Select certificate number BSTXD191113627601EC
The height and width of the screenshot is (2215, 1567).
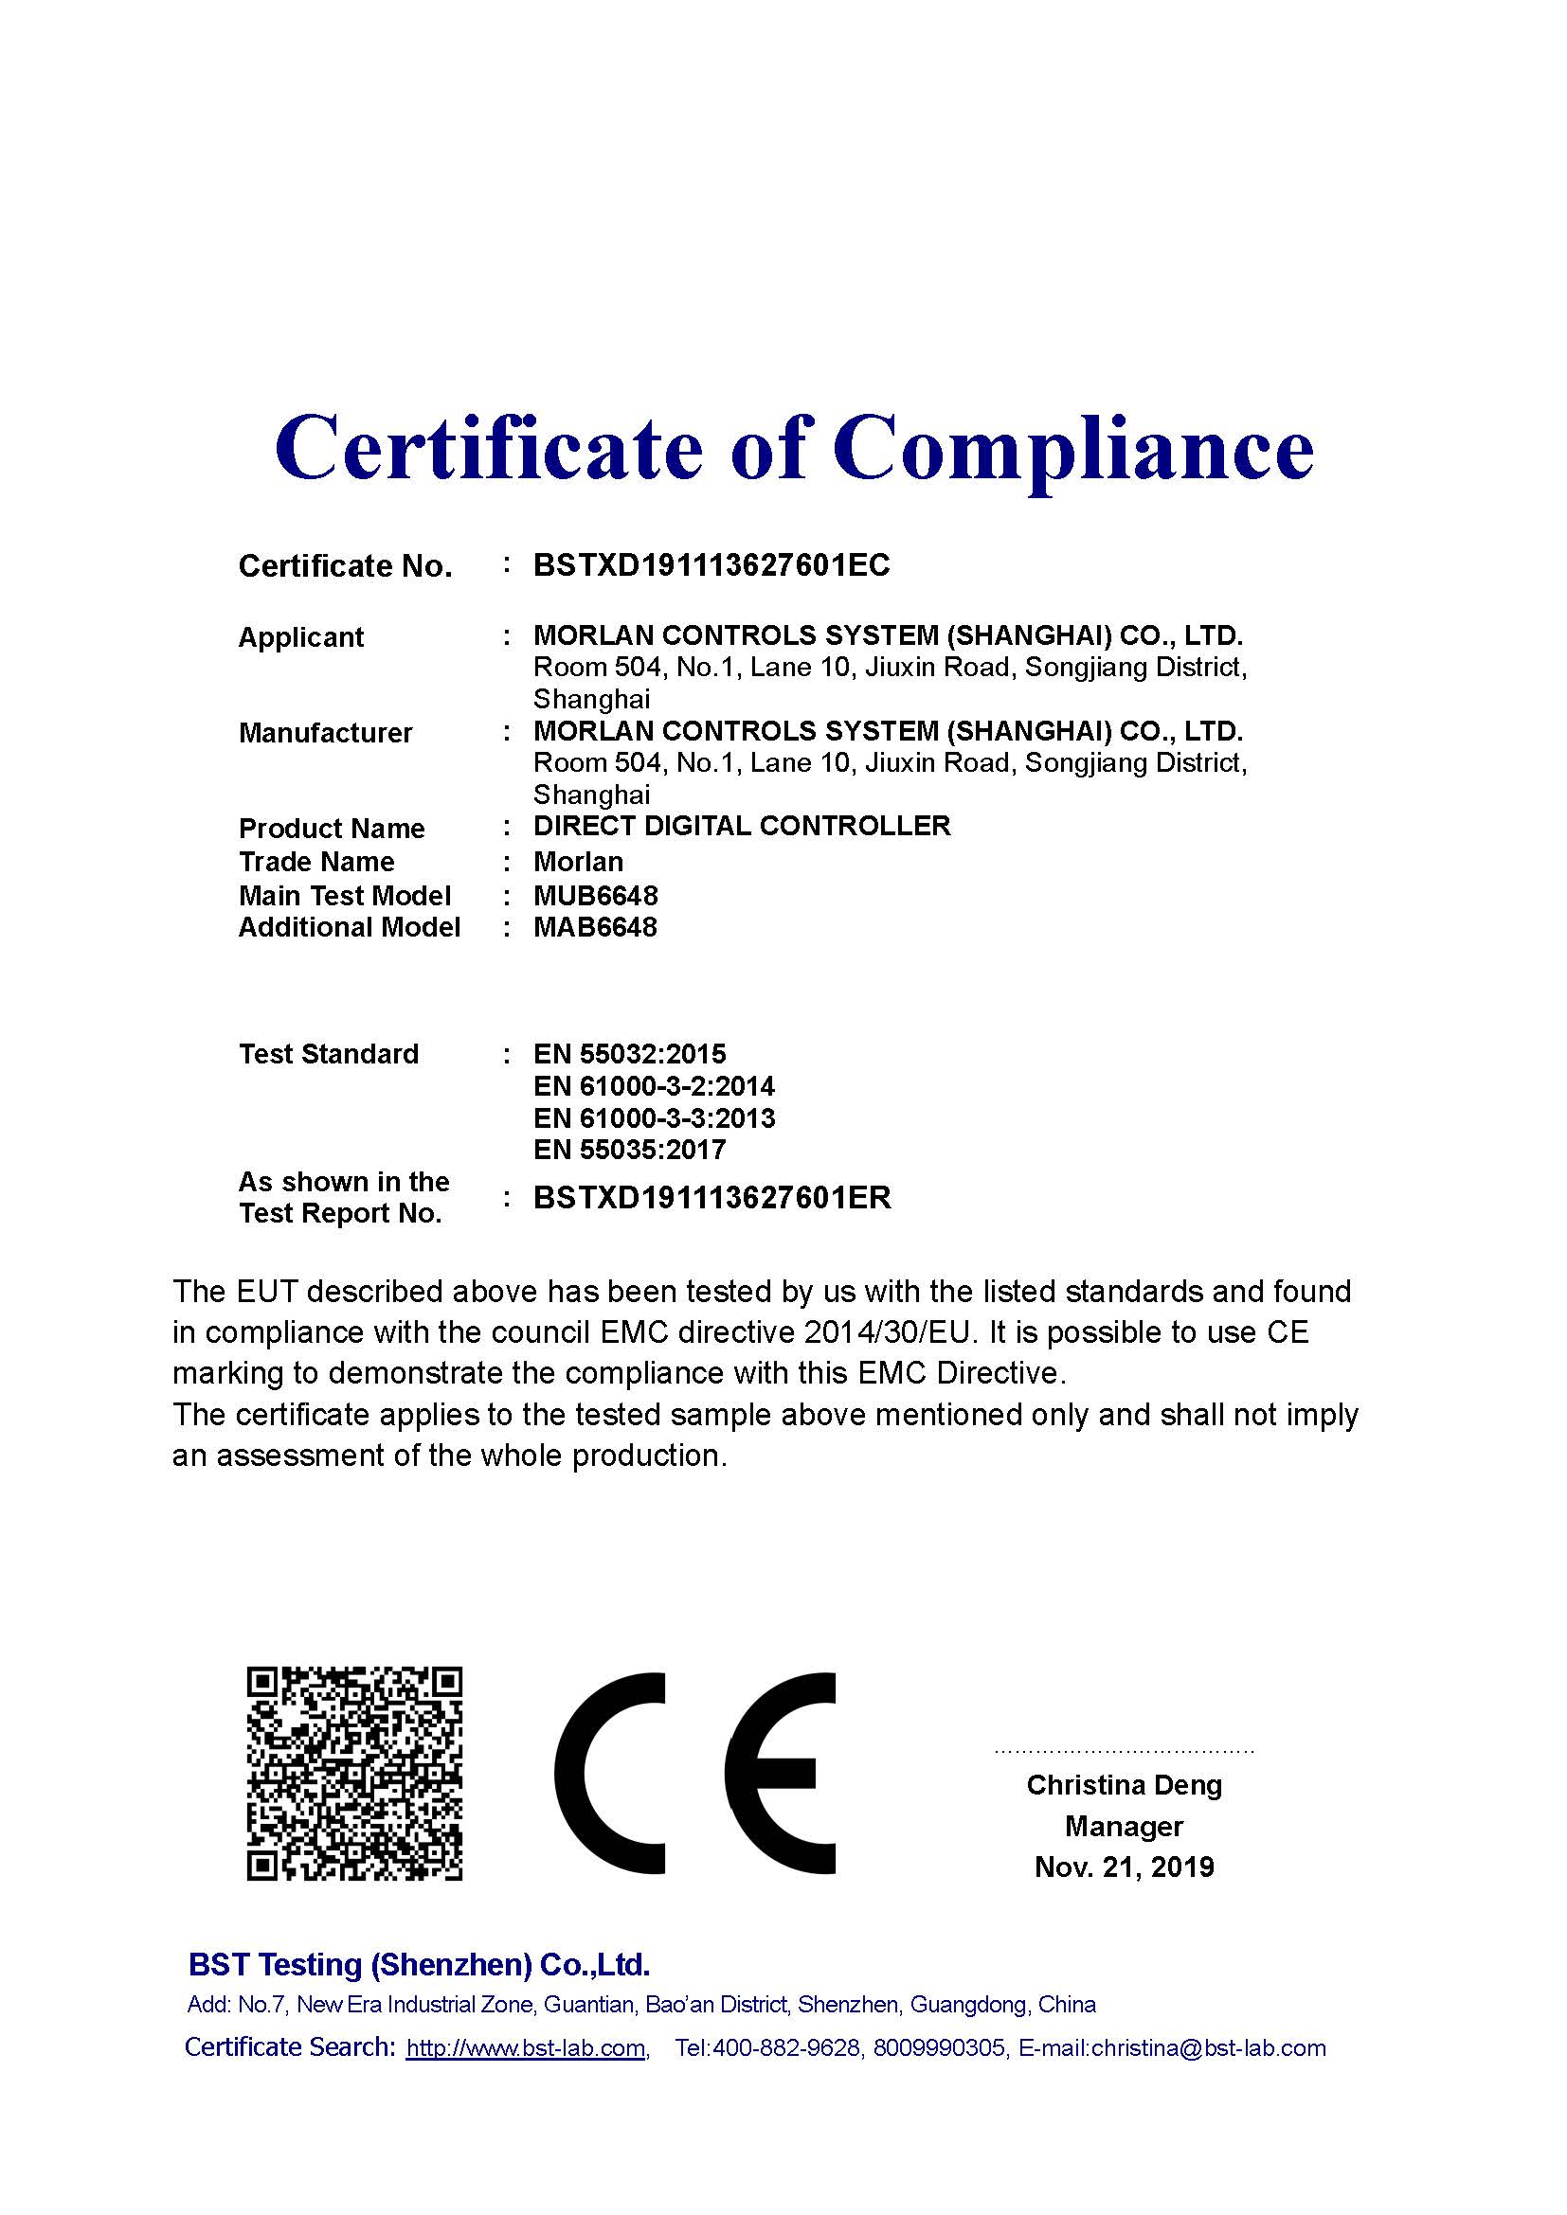(711, 565)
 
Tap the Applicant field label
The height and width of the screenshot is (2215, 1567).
(301, 637)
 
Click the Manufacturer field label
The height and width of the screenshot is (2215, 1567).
(325, 733)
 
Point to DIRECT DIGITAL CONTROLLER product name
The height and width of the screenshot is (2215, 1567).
(742, 826)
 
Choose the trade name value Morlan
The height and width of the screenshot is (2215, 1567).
(578, 862)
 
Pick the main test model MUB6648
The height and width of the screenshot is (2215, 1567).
(595, 895)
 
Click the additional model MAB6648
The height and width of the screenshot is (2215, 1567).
(595, 927)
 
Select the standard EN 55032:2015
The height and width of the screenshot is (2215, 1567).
(629, 1053)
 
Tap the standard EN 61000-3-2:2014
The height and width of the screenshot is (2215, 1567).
(654, 1086)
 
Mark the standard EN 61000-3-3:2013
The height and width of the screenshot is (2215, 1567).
(654, 1118)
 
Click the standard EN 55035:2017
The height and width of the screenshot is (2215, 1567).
(629, 1149)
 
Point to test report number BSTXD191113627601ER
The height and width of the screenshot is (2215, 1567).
(712, 1198)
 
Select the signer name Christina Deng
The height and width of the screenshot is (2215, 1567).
(1125, 1785)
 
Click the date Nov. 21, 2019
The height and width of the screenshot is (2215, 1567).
(1125, 1867)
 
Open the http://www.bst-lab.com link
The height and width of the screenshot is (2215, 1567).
(526, 2048)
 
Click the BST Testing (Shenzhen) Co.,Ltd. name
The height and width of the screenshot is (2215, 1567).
(419, 1964)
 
